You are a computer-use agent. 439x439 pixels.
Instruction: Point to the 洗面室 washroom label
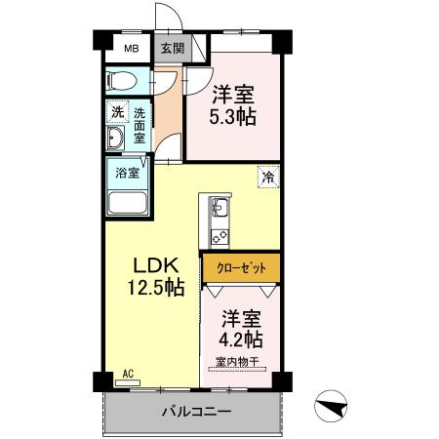(140, 124)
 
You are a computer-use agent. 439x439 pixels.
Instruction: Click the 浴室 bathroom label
(128, 173)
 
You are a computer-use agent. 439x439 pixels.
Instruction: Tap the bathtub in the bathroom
(128, 203)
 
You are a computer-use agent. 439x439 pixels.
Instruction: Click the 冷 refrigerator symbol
(266, 178)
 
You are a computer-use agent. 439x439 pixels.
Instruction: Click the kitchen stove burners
(219, 234)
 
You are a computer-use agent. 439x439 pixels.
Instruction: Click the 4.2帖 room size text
(240, 339)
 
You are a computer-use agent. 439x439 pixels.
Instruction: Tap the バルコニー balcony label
(196, 412)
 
